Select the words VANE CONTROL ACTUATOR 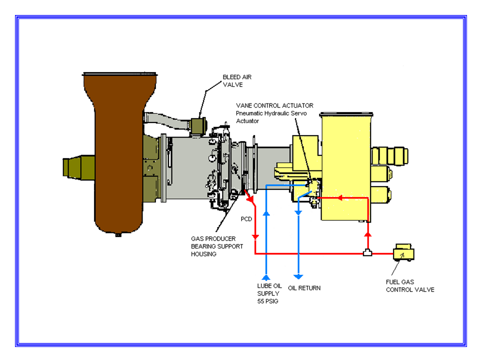pyautogui.click(x=274, y=105)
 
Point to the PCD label pyautogui.click(x=246, y=219)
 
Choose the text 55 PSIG pyautogui.click(x=268, y=301)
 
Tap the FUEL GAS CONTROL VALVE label pyautogui.click(x=409, y=286)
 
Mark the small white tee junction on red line pyautogui.click(x=367, y=253)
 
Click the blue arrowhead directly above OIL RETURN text pyautogui.click(x=298, y=276)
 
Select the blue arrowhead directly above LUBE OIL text pyautogui.click(x=266, y=276)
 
